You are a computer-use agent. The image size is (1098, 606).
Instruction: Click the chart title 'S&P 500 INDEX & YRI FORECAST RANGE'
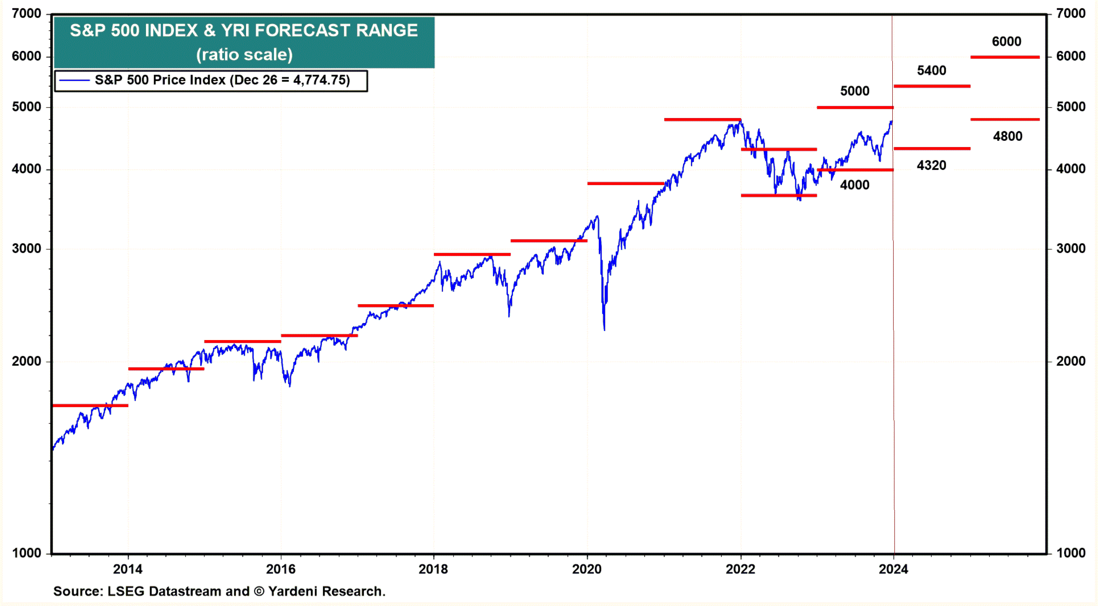243,31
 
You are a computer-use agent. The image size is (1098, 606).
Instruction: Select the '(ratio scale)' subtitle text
244,55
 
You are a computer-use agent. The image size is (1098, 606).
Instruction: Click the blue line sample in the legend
74,80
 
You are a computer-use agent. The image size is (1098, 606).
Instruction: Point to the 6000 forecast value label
1006,42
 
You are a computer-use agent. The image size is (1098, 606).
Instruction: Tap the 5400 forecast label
931,71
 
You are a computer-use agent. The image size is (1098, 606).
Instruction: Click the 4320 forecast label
931,165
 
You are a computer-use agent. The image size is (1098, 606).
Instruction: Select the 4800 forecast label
1007,136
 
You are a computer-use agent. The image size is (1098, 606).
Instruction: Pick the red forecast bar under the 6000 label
1005,57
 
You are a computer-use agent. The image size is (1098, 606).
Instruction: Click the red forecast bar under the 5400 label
932,86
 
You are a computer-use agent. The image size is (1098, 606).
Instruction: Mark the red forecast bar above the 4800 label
1005,119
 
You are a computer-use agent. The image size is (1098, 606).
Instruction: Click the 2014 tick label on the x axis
128,569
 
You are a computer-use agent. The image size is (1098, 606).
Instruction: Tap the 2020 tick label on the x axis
587,569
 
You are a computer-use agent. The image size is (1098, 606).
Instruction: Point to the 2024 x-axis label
893,569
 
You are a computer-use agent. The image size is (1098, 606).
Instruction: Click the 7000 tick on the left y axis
26,14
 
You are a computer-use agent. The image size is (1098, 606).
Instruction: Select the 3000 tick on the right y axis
1071,249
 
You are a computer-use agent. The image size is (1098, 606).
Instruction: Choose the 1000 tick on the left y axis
26,553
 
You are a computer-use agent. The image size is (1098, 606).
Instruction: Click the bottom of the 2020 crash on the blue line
604,329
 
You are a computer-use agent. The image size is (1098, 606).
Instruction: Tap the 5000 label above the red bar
855,91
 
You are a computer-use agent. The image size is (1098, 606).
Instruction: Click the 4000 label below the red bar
855,185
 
